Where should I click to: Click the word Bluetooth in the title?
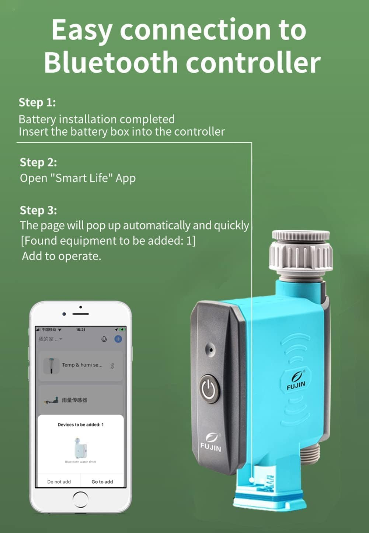coord(111,62)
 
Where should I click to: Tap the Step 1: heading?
coord(37,102)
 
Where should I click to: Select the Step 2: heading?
coord(38,162)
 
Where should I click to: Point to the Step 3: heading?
coord(38,210)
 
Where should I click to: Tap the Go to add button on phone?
coord(102,481)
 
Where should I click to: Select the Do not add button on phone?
coord(59,481)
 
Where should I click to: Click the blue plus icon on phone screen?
coord(118,339)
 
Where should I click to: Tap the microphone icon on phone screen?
coord(104,339)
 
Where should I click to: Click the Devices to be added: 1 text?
coord(80,425)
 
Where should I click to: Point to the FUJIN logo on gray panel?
coord(211,442)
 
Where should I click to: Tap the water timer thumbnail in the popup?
coord(80,447)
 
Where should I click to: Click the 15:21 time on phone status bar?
coord(81,330)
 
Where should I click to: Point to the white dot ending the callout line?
coord(251,480)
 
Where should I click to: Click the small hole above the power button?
coord(210,349)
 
